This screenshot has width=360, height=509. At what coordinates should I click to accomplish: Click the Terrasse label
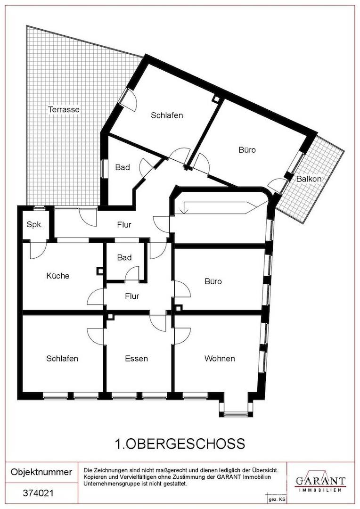64,109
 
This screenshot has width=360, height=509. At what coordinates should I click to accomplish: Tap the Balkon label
309,179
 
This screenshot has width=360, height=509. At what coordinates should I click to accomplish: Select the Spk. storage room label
34,225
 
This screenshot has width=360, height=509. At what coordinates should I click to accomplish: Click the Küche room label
58,276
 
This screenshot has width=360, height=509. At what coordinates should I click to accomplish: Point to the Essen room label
136,358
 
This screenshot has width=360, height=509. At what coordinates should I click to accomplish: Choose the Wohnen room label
220,358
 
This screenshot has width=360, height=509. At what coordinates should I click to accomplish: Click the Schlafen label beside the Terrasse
167,115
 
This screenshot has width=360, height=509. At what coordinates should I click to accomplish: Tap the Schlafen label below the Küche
62,358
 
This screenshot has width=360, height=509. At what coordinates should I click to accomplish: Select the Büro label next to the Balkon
247,150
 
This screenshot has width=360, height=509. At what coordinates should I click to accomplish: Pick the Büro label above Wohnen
213,281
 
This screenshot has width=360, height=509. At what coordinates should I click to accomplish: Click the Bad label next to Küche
124,257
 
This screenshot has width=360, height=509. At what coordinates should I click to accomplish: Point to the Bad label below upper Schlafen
123,167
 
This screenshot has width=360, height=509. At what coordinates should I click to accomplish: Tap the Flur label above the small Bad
124,225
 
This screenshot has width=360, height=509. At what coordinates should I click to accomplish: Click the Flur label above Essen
132,296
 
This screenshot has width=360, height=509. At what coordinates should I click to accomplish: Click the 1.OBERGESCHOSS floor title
180,443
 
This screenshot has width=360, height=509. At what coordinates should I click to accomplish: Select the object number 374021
38,493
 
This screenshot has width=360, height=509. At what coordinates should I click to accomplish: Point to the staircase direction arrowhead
184,211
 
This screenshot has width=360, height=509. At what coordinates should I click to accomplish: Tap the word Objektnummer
41,472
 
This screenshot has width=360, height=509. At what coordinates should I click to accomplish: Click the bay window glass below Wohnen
236,414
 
